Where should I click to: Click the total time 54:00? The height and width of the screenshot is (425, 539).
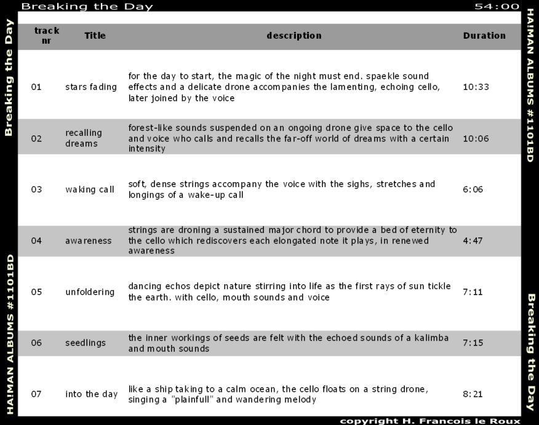(x=497, y=7)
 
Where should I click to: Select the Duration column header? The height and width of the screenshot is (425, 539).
(x=484, y=36)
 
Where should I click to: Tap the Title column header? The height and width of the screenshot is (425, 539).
(x=95, y=36)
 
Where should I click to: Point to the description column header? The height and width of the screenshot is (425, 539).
(x=293, y=36)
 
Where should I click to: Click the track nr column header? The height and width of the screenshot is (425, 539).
(x=47, y=36)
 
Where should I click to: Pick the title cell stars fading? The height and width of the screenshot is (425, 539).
(x=90, y=87)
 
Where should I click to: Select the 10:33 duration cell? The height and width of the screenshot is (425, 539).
(x=476, y=87)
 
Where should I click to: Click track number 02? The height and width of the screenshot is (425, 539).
(x=36, y=138)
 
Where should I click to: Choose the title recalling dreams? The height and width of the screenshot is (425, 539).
(x=84, y=138)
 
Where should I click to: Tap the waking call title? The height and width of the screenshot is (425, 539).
(x=90, y=189)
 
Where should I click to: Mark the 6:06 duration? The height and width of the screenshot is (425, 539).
(x=473, y=189)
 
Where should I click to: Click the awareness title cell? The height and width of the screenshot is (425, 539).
(x=89, y=241)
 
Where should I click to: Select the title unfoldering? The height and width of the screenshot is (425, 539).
(x=90, y=292)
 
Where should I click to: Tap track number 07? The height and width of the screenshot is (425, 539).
(x=36, y=394)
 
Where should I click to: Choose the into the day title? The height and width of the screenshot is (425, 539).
(x=91, y=394)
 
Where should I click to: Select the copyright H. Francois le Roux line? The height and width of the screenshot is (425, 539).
(x=430, y=421)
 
